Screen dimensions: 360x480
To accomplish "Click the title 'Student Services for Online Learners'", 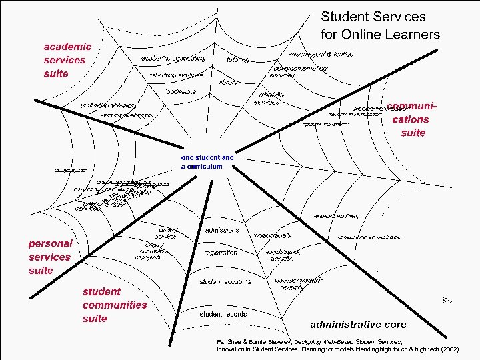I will tap(381, 25).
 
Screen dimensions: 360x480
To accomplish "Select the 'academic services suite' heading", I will tap(67, 60).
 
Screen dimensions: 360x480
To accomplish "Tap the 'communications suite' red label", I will tap(407, 119).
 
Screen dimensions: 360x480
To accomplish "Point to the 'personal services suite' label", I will tap(50, 257).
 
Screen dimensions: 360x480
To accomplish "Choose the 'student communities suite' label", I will tap(114, 305).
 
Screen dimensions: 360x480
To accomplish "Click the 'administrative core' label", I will tap(358, 325).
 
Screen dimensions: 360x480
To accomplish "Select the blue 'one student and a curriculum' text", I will tap(207, 162).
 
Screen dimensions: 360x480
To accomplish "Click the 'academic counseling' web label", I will tap(173, 59).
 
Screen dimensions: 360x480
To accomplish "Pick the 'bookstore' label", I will tap(181, 91).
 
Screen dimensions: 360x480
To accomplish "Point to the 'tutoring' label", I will tap(238, 60).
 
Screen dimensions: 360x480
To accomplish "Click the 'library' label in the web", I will tap(229, 83).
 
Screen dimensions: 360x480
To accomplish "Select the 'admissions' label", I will tap(222, 230).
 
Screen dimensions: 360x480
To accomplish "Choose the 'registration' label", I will tap(221, 253).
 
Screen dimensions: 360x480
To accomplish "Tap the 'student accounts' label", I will tap(225, 282).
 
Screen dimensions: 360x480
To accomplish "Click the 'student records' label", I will tap(223, 314).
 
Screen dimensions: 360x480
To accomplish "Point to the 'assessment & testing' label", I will tap(321, 53).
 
